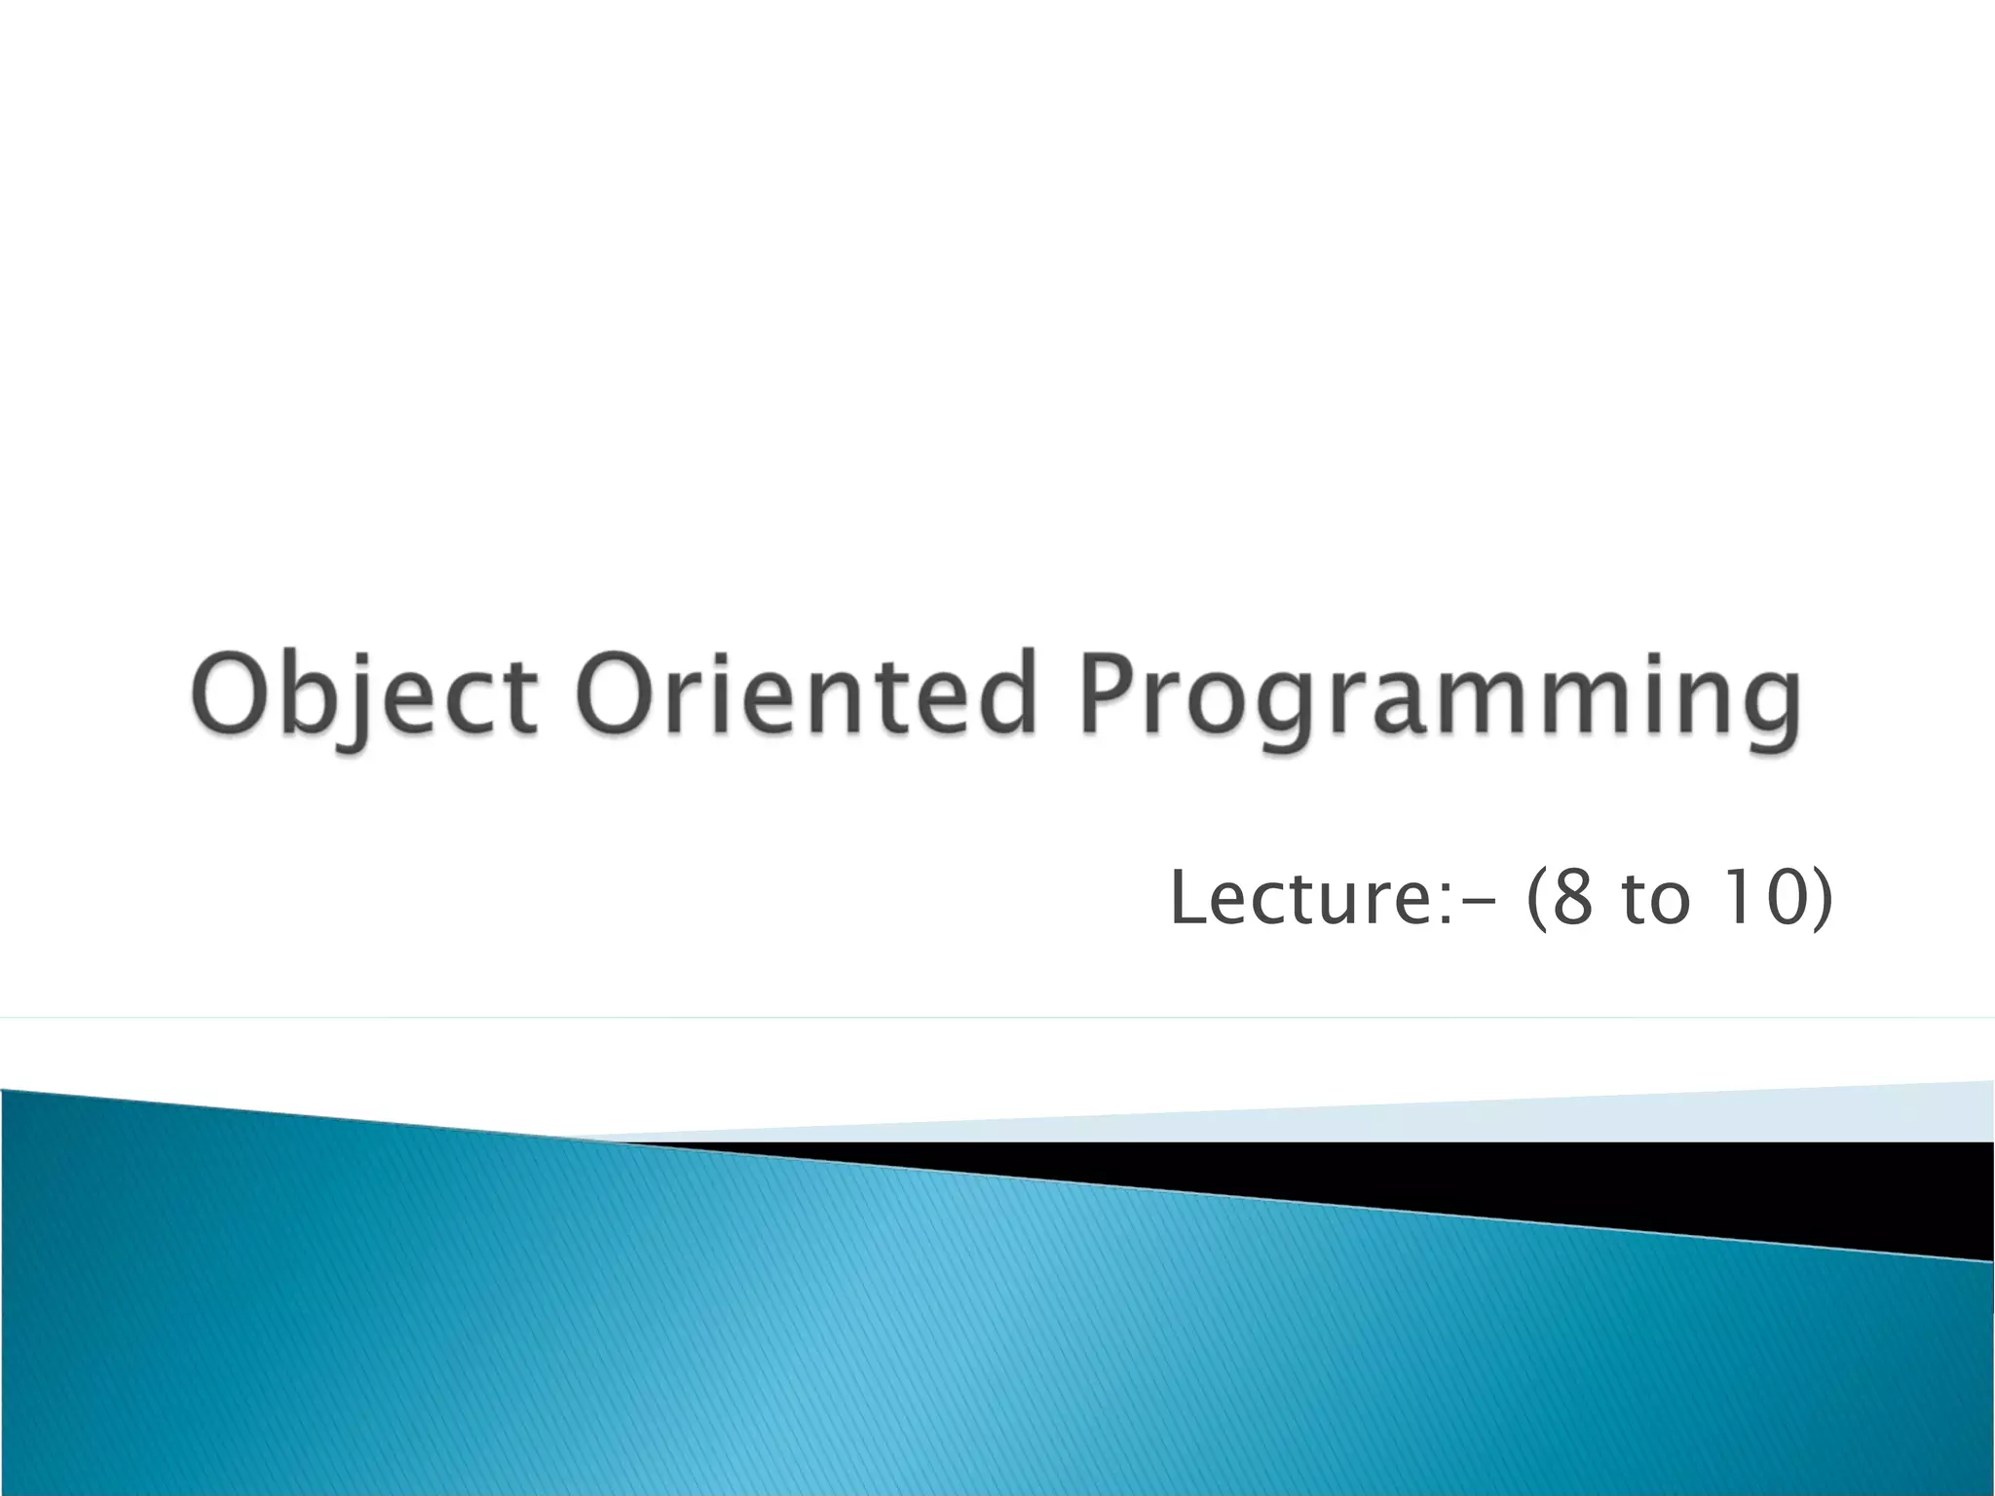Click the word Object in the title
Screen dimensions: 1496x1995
tap(363, 696)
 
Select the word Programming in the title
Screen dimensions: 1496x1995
tap(1440, 696)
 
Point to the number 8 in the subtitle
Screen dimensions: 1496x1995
tap(1571, 898)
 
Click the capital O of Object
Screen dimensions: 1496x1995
tap(231, 693)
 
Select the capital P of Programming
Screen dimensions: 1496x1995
tap(1110, 693)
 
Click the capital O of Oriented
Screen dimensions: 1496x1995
tap(615, 693)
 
